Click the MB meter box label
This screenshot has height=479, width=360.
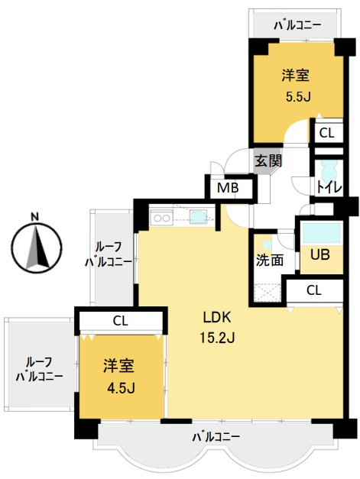[x=227, y=188]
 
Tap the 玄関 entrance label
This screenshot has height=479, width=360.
[x=268, y=160]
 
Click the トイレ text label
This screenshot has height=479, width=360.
[x=329, y=188]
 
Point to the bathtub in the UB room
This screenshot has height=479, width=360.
[x=321, y=233]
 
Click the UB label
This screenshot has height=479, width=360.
[x=320, y=254]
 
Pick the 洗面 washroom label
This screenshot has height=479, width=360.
[x=269, y=260]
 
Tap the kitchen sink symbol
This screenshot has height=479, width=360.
[x=198, y=217]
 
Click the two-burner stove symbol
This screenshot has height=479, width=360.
[x=162, y=218]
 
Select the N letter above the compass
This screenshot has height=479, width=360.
[x=35, y=217]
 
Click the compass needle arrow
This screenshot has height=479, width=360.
[x=37, y=247]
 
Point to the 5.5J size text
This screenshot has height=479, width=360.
[x=298, y=97]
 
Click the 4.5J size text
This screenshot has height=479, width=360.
[x=121, y=388]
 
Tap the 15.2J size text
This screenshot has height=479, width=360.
[x=217, y=338]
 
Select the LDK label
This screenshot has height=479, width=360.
[x=217, y=318]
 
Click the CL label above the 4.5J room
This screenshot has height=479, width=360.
[x=121, y=321]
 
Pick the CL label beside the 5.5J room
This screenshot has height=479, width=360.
[x=326, y=133]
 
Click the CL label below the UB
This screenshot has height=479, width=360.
[x=314, y=290]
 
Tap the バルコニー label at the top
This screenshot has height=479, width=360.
[x=297, y=25]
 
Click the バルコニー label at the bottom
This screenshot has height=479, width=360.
[x=216, y=437]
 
